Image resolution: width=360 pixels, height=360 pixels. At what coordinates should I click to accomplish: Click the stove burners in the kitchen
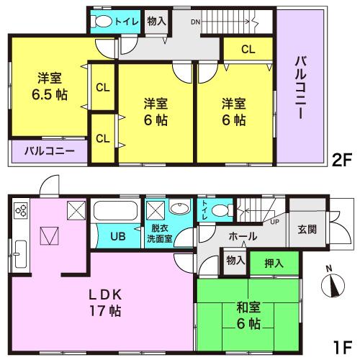[x=20, y=212]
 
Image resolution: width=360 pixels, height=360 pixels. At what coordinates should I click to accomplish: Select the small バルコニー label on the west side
[x=48, y=151]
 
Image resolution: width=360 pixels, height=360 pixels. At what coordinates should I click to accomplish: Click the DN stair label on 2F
[x=195, y=22]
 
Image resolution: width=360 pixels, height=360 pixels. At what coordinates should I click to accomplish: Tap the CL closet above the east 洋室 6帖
[x=247, y=50]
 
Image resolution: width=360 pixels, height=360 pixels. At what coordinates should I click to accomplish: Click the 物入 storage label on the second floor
[x=156, y=21]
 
